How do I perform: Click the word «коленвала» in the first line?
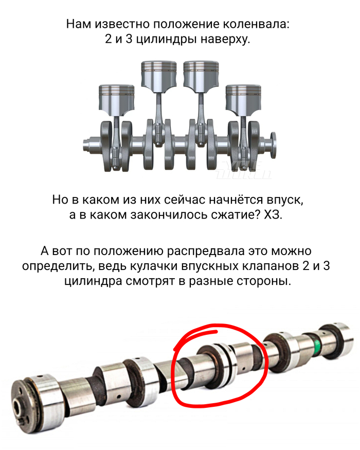[x=256, y=24]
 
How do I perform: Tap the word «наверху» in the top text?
[x=225, y=39]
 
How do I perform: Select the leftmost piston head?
[x=117, y=98]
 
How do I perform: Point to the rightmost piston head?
[x=243, y=98]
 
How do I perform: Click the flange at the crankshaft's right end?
[x=273, y=145]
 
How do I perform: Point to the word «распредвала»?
[x=206, y=251]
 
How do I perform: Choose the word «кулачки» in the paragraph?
[x=154, y=266]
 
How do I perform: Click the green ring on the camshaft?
[x=317, y=344]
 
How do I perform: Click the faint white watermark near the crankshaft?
[x=244, y=170]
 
